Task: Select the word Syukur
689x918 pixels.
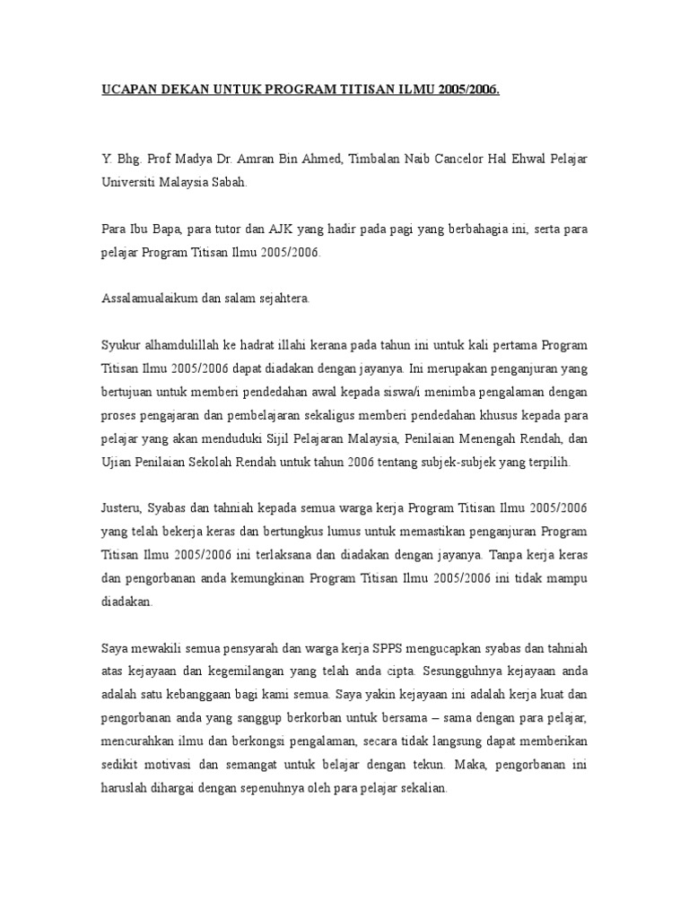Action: point(119,345)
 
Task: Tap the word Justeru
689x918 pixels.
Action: point(121,508)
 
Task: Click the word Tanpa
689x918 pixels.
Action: point(511,555)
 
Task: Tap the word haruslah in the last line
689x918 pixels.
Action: point(125,788)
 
